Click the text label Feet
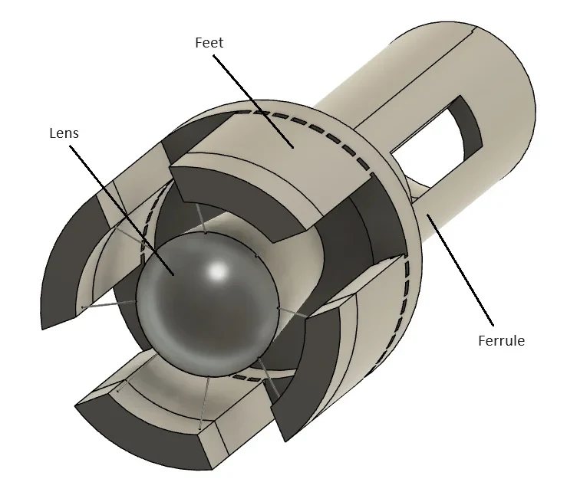tap(209, 43)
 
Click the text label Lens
tap(64, 133)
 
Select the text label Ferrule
tap(501, 340)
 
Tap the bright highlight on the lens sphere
tap(218, 271)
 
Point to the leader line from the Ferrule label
tap(460, 270)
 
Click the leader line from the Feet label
tap(253, 101)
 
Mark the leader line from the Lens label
tap(122, 210)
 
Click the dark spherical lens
tap(208, 304)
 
